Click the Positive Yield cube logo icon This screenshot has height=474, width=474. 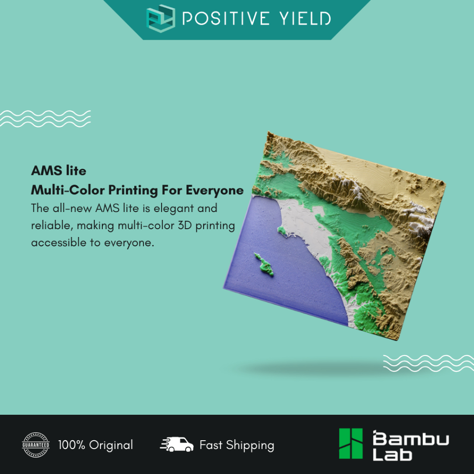tap(161, 18)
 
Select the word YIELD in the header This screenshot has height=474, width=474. tap(306, 19)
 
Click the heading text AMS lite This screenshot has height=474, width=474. tap(59, 170)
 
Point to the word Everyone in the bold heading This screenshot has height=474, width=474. tap(215, 190)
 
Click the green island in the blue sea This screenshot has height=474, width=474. tap(264, 265)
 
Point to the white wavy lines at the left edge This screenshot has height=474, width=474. tap(45, 118)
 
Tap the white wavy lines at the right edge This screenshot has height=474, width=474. tap(428, 363)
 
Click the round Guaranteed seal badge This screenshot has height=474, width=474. tap(36, 445)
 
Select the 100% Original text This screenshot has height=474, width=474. tap(95, 445)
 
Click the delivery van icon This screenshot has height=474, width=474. tap(177, 444)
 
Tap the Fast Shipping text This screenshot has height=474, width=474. tap(237, 445)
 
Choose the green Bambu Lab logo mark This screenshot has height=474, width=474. tap(351, 443)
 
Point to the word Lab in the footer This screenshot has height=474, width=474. tap(393, 455)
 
